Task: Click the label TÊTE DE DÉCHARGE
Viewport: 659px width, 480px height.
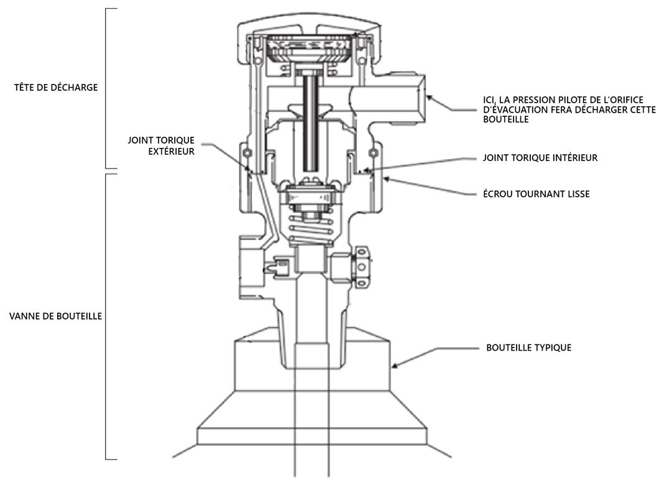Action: click(57, 87)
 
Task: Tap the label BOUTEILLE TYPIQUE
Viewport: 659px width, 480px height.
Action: click(528, 348)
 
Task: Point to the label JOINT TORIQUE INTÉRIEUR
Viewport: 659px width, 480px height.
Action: click(540, 158)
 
